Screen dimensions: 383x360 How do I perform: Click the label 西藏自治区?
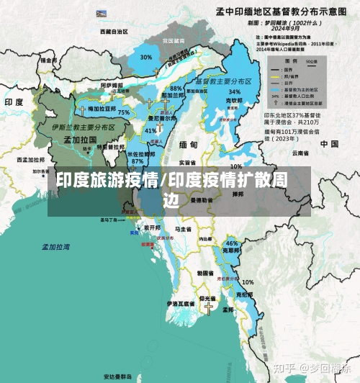click(x=114, y=32)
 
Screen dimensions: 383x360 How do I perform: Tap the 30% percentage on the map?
click(x=146, y=57)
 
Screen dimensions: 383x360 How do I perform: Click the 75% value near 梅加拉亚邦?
click(x=124, y=113)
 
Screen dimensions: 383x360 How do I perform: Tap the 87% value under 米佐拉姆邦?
click(x=138, y=161)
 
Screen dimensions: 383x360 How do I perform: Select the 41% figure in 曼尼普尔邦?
click(x=150, y=131)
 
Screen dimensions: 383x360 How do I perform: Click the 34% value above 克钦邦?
click(x=234, y=92)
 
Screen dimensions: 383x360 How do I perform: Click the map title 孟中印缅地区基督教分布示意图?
click(x=288, y=12)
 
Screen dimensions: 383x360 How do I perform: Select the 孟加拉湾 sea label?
click(x=55, y=246)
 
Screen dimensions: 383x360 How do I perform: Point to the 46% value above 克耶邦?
click(x=232, y=243)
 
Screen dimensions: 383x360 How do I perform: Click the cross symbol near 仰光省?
click(x=209, y=308)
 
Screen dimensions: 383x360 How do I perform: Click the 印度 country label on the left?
click(x=15, y=102)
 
